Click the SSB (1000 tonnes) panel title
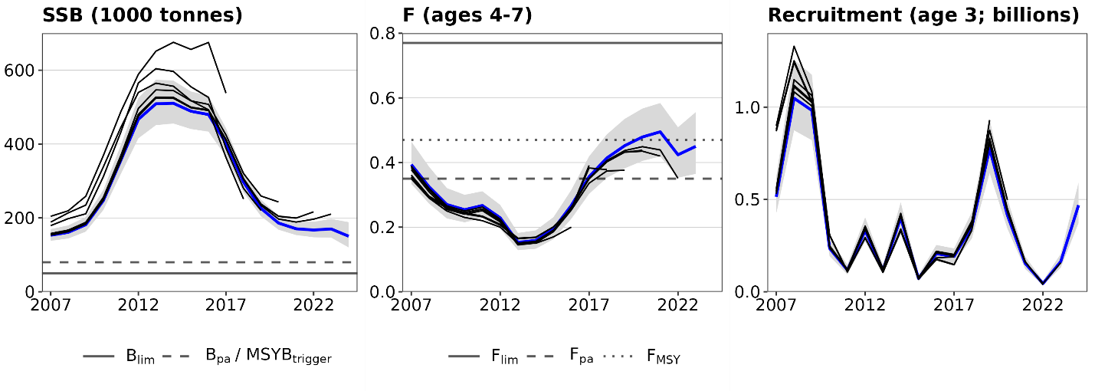(143, 15)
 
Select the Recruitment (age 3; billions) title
(923, 15)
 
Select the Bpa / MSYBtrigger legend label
(267, 356)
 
